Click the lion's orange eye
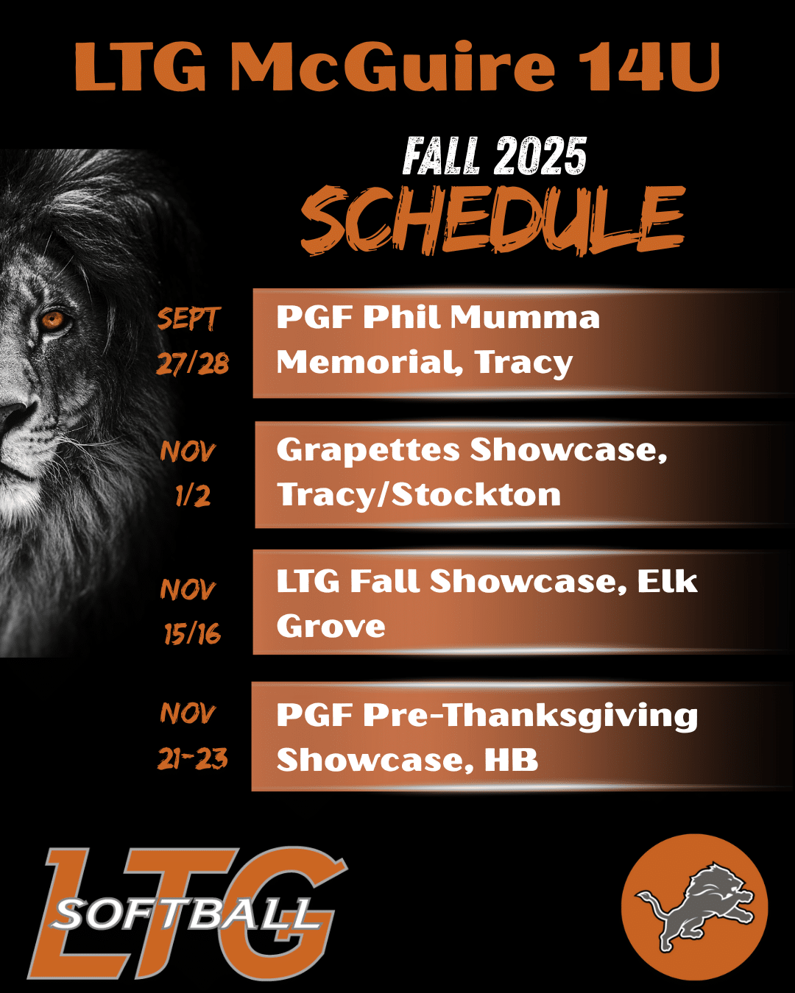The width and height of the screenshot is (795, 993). click(x=53, y=319)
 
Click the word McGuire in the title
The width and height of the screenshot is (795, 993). click(x=392, y=68)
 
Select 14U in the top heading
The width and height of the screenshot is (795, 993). click(x=649, y=68)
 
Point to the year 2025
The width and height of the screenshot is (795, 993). click(x=540, y=156)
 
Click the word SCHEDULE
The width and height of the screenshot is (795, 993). click(x=493, y=221)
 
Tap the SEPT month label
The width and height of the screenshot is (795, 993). click(x=187, y=318)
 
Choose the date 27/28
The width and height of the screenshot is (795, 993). click(x=193, y=363)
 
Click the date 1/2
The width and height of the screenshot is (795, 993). click(x=193, y=496)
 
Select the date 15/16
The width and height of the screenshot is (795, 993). click(x=193, y=633)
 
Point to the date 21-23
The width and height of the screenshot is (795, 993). click(x=193, y=758)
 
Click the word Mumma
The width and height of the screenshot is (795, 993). click(x=526, y=318)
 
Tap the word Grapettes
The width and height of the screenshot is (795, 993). click(x=368, y=450)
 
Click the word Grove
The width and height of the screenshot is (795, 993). click(x=331, y=626)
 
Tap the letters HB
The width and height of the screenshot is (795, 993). click(x=512, y=760)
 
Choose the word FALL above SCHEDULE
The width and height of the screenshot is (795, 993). click(x=441, y=156)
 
